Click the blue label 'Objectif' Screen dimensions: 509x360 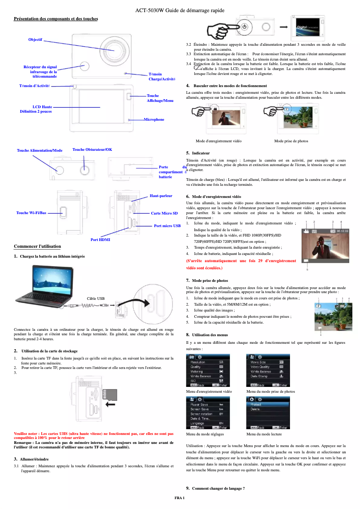(35, 40)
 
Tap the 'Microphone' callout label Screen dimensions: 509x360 (154, 119)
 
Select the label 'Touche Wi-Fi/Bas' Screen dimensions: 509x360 (31, 212)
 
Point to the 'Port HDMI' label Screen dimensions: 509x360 (100, 240)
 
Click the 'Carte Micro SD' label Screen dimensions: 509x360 (164, 213)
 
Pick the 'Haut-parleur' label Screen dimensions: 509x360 (161, 196)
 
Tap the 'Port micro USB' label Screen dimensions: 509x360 (167, 226)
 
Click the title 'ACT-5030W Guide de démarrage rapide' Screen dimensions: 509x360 (180, 10)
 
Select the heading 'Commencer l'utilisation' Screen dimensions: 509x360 (37, 246)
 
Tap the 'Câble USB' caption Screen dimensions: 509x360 (95, 298)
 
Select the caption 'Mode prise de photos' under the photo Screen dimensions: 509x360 (291, 141)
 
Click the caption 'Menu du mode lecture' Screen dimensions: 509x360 (264, 434)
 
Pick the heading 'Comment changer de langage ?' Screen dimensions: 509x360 (218, 488)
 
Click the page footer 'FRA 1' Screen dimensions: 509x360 (180, 498)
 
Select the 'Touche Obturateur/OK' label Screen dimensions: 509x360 (92, 149)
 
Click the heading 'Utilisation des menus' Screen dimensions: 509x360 (210, 335)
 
